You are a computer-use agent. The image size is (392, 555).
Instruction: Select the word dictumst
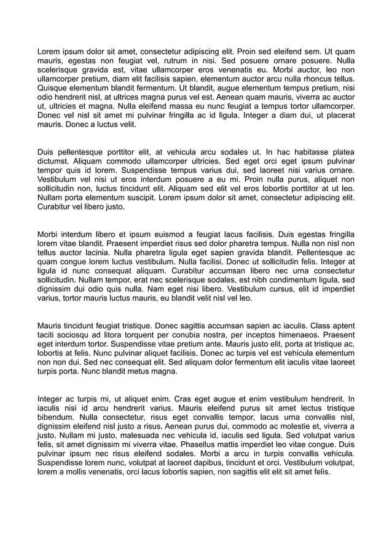pyautogui.click(x=55, y=161)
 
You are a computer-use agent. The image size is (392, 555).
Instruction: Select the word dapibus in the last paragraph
pyautogui.click(x=227, y=463)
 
